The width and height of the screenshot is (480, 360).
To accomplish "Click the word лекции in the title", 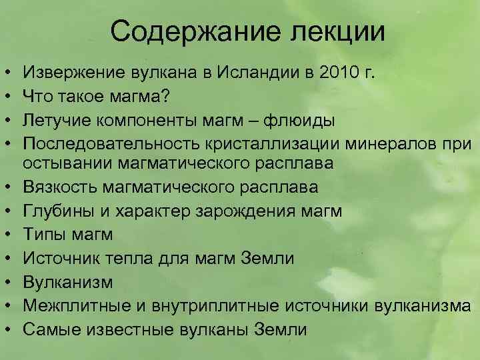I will click(x=333, y=31).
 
